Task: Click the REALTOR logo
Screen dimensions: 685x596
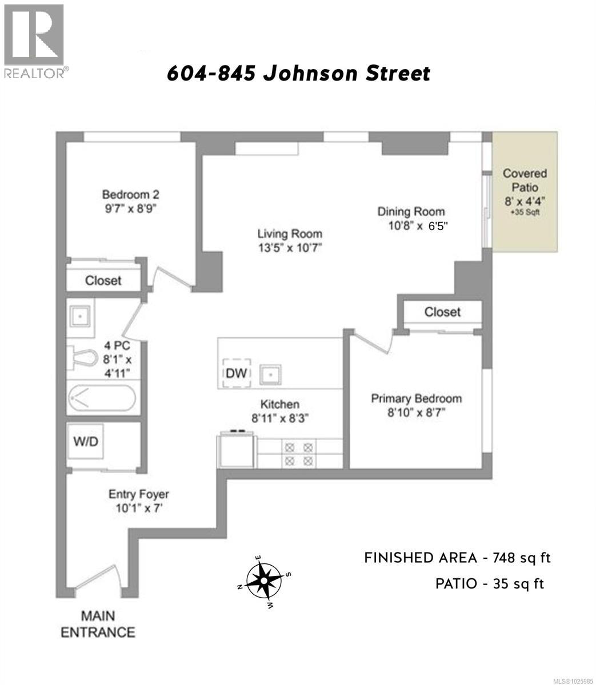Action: point(34,40)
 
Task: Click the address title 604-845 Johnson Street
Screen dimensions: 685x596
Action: point(298,74)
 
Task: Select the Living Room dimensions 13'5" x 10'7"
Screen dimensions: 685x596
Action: point(290,248)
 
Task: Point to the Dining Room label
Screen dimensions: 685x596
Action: point(410,211)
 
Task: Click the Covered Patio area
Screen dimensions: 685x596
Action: point(525,191)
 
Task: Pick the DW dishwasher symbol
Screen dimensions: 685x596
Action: point(236,373)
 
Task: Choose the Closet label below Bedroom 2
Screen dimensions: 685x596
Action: point(103,280)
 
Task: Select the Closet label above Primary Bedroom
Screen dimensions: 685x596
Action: point(442,312)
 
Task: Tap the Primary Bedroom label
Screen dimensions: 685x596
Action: point(416,398)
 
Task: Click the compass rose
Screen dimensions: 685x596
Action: point(264,582)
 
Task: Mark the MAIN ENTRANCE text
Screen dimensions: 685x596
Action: point(98,624)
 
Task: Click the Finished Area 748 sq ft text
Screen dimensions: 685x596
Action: point(457,558)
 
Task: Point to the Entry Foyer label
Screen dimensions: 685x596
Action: point(139,494)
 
